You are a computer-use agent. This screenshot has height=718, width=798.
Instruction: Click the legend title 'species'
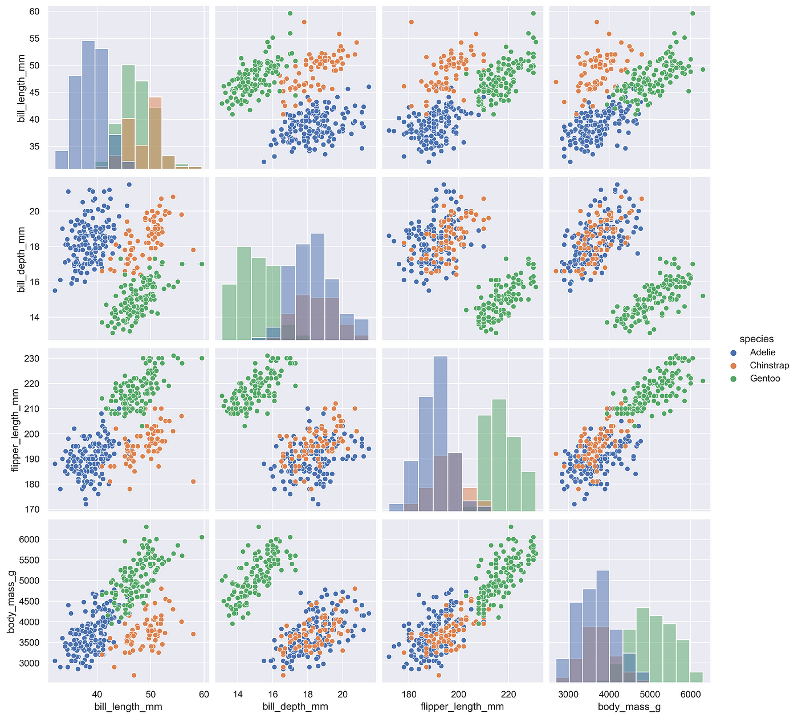point(756,339)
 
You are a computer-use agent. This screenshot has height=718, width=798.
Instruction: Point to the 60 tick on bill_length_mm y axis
point(35,11)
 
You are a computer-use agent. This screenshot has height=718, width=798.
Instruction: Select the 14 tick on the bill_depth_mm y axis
point(35,317)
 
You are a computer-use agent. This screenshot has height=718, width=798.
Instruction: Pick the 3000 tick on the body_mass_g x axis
point(568,695)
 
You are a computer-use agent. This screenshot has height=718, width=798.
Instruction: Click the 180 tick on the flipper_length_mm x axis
point(409,695)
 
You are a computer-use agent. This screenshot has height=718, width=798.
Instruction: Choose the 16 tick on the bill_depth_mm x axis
point(272,695)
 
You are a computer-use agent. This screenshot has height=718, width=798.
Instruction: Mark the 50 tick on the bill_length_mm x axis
point(150,695)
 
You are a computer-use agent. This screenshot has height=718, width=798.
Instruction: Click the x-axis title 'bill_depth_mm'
point(295,707)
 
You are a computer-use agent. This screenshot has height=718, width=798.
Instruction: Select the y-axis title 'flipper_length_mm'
point(15,430)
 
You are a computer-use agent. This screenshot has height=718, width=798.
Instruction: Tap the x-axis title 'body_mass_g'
point(629,707)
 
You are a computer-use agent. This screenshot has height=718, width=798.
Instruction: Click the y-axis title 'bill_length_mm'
point(21,88)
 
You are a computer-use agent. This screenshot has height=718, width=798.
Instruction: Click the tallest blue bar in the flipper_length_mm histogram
point(441,433)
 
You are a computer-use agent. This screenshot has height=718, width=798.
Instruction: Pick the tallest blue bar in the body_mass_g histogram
point(602,626)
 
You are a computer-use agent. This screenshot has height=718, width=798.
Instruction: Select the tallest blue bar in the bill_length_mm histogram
point(88,105)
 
